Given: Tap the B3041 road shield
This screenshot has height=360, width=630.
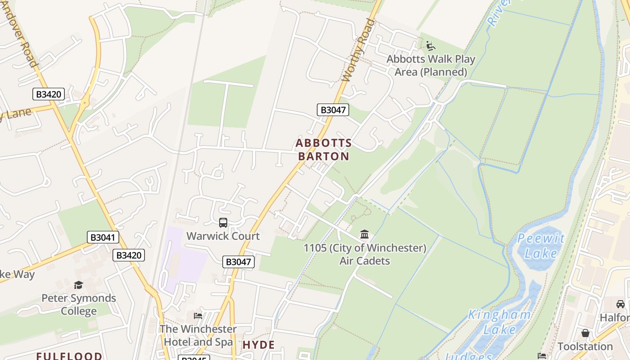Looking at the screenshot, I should pos(103,238).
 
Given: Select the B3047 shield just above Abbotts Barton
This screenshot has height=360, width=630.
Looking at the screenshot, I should pos(333,110).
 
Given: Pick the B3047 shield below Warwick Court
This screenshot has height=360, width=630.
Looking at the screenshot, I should pos(238,262).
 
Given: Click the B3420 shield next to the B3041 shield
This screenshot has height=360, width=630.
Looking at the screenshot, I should pos(129,255).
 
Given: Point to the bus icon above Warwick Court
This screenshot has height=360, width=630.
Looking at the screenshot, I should pos(223,222).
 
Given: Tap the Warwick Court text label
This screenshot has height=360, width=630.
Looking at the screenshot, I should pos(223,236).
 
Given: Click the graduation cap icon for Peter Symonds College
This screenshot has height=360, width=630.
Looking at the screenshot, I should pos(79,285).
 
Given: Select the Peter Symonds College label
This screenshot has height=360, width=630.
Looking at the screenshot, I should pos(79,305).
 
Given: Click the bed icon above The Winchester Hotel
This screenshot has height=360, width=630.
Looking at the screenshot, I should pos(198,316).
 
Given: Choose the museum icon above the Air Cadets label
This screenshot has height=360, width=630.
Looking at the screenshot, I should pos(364,234).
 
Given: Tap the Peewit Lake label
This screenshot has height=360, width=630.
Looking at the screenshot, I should pos(541,246).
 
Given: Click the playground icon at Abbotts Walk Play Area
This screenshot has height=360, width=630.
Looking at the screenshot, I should pos(431,45).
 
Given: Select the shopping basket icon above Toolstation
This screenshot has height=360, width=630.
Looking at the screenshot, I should pos(585,333).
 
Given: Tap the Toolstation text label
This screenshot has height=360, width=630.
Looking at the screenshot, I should pos(585,346).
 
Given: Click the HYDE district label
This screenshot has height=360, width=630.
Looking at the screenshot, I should pos(259,345).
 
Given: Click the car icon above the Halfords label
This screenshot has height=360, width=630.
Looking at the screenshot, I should pos(621,304).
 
